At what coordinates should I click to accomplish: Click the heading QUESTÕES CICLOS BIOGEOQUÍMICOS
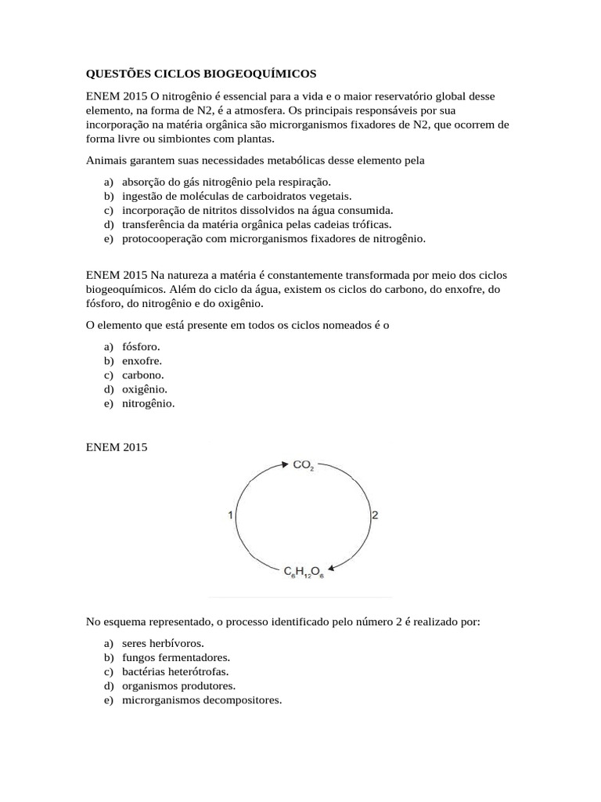coord(201,74)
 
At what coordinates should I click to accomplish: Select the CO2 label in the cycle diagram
coord(304,465)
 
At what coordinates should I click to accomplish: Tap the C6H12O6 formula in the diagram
coord(304,573)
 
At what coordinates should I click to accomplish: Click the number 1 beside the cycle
coord(230,515)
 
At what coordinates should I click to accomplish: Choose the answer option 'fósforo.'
coord(141,347)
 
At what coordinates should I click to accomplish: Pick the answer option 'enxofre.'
coord(142,361)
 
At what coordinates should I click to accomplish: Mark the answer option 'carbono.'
coord(142,375)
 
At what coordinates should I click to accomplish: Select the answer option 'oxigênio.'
coord(145,389)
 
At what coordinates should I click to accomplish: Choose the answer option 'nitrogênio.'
coord(148,403)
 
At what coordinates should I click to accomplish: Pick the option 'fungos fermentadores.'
coord(175,657)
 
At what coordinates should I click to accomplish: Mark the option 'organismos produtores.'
coord(178,685)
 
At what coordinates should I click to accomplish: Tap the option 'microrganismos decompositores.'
coord(201,699)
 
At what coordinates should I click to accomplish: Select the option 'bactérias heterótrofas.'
coord(175,671)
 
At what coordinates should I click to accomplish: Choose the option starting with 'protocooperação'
coord(273,238)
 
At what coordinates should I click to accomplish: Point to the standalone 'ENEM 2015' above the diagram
coord(116,447)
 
